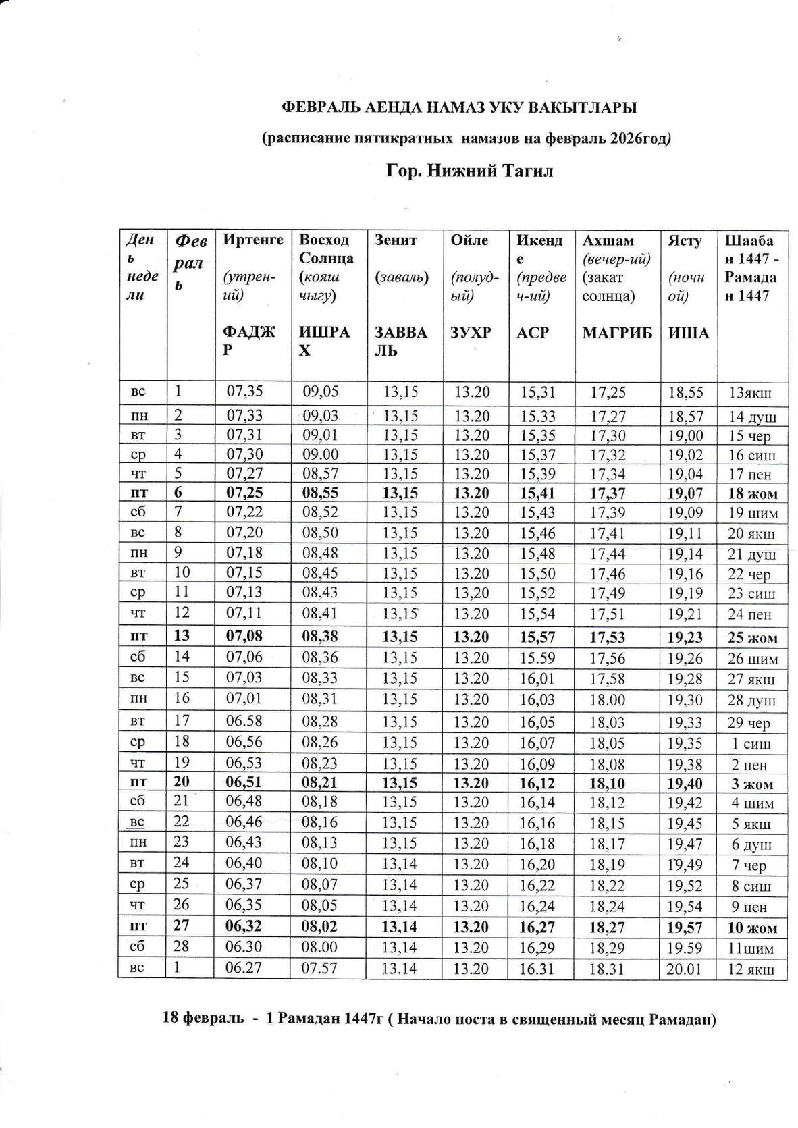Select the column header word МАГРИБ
[617, 333]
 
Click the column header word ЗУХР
[471, 333]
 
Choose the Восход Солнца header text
[325, 249]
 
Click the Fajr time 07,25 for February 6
[244, 493]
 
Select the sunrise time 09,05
[321, 392]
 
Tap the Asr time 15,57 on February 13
[537, 637]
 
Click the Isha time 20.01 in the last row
[685, 969]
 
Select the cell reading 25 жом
[752, 637]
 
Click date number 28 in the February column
[181, 946]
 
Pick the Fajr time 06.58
[244, 720]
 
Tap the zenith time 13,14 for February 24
[400, 864]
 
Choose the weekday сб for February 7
[138, 512]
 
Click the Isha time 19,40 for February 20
[685, 784]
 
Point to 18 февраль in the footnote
[203, 1019]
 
